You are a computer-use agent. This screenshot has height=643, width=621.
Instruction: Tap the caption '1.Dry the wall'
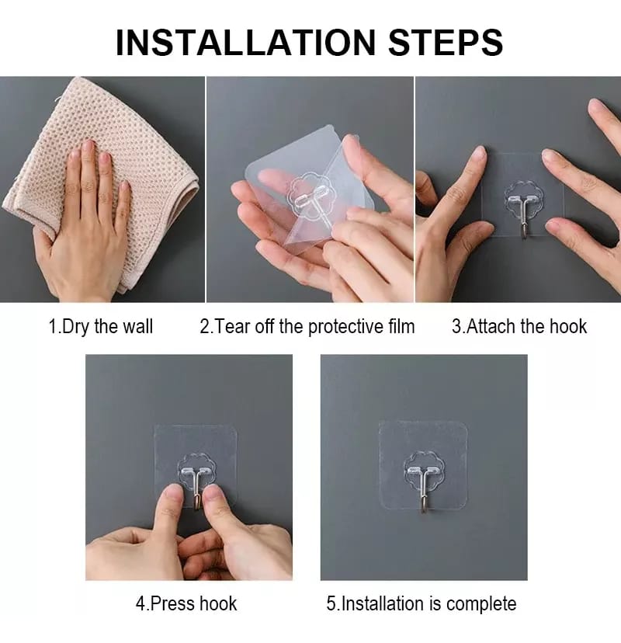click(101, 326)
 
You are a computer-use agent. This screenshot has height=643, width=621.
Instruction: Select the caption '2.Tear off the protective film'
click(307, 326)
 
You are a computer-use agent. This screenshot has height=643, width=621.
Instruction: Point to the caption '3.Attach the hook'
click(519, 326)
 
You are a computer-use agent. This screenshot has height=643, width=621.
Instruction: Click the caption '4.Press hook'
click(186, 603)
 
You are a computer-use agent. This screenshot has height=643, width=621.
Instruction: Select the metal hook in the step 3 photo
click(526, 217)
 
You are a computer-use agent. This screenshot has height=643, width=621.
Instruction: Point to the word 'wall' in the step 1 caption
click(137, 326)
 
